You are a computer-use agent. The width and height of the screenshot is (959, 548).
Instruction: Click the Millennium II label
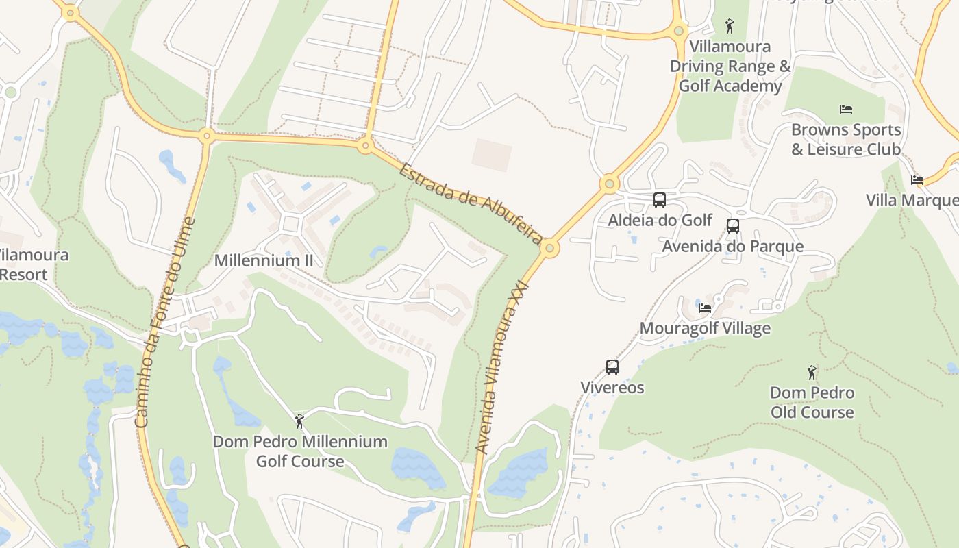point(263,261)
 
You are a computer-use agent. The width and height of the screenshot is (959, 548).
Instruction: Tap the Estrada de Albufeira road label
point(471,204)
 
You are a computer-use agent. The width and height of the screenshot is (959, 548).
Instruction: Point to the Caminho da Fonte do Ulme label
point(166,322)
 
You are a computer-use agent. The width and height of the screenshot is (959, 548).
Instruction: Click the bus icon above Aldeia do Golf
point(660,200)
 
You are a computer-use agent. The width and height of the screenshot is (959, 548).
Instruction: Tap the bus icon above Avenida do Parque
point(733,226)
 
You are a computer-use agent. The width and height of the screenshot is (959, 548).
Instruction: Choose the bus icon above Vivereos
point(612,367)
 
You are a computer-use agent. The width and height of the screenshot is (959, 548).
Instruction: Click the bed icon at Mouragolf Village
point(705,308)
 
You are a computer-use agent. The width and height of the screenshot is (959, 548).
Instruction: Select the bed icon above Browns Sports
point(846,110)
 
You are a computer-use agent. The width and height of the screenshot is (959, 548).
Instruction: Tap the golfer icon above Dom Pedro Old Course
point(812,373)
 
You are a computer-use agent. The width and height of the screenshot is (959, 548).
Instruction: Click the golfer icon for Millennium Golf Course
point(299,421)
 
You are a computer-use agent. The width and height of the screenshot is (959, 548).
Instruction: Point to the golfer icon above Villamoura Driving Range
point(730,27)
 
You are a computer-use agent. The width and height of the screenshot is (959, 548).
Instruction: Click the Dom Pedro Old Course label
point(812,403)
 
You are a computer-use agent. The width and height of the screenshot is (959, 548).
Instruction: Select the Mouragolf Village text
point(705,329)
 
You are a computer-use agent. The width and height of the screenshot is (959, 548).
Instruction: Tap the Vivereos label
point(612,388)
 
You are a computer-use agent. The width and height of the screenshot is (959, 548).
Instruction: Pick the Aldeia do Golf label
point(660,221)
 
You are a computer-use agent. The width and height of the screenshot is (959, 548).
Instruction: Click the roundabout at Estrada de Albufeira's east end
point(549,249)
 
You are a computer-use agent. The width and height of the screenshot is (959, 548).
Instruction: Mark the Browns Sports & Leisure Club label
point(846,139)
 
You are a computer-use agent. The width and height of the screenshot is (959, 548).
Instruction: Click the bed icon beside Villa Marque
point(917,180)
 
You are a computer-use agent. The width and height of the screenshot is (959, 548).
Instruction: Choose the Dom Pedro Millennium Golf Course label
point(300,451)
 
